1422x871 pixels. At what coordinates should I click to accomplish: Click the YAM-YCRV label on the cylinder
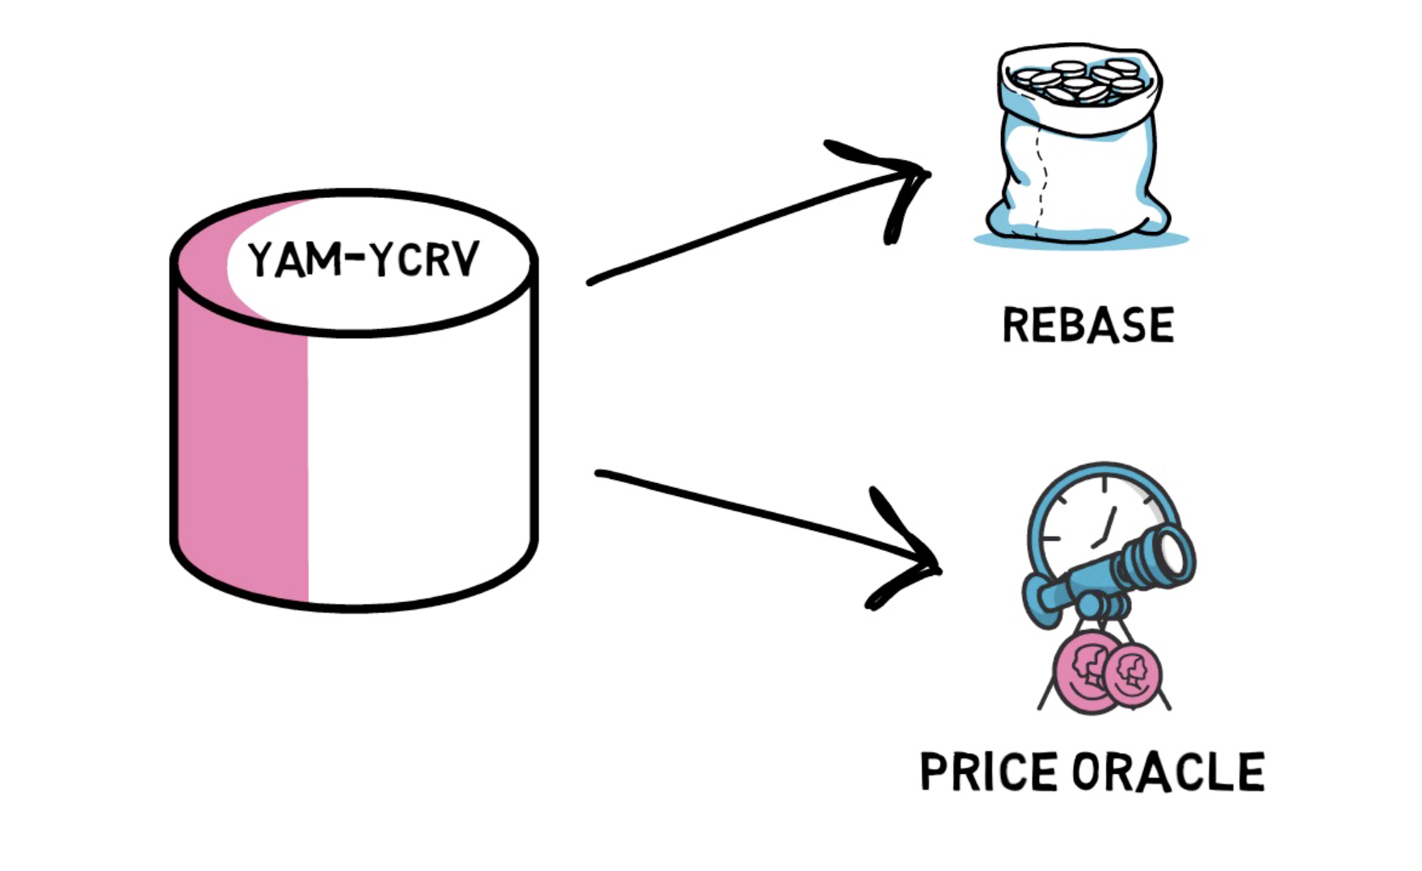(363, 259)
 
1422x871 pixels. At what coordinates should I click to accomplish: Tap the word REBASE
(1088, 325)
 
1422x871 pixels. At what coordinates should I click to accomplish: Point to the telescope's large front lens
(1172, 555)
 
